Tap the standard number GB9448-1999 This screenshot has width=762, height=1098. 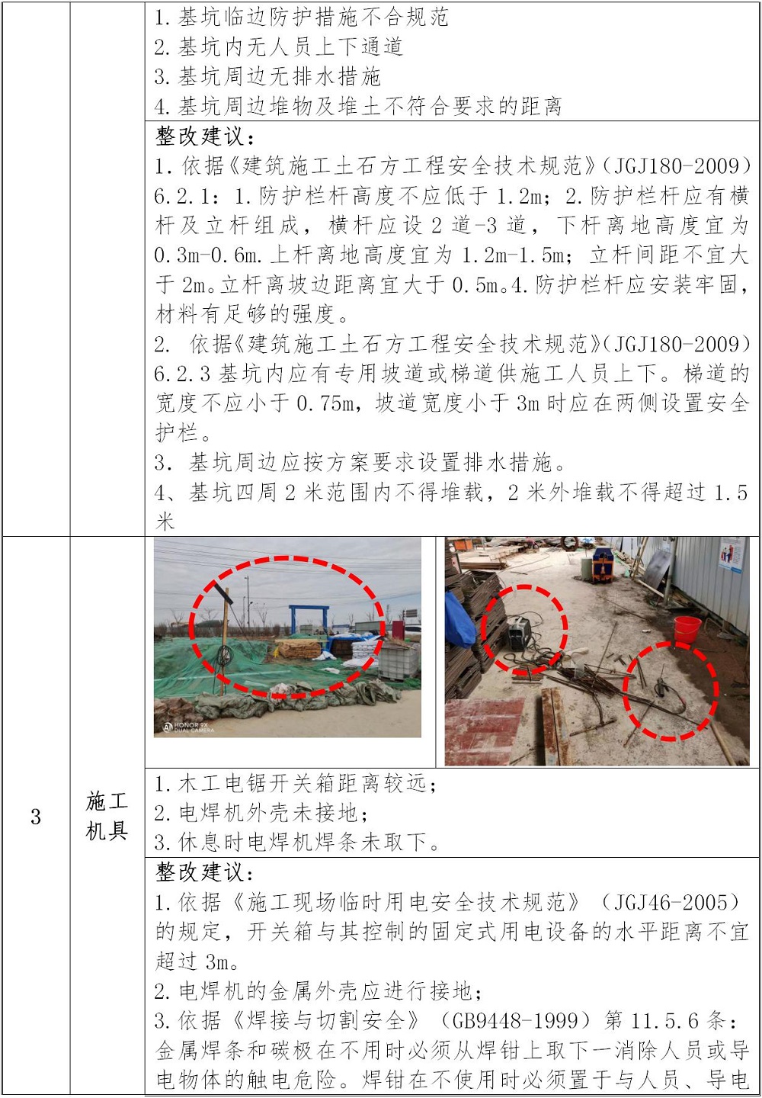[x=517, y=1020]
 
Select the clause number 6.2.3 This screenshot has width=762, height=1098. [x=182, y=374]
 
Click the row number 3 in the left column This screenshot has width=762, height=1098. [x=36, y=817]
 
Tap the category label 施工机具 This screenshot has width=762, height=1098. [x=106, y=816]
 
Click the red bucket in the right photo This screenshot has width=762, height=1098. [x=687, y=629]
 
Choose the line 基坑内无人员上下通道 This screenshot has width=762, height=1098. [x=278, y=47]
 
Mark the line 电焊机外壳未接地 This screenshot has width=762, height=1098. [x=261, y=813]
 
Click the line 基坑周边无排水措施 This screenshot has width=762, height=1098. [x=267, y=76]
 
